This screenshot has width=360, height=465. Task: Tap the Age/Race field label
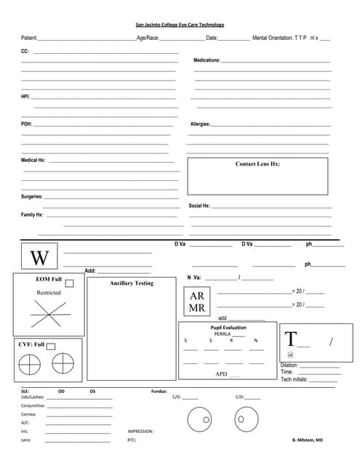pos(148,37)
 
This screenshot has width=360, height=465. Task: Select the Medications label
pos(207,60)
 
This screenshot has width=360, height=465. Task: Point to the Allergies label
pos(200,124)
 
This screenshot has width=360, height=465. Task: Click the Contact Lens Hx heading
pos(257,164)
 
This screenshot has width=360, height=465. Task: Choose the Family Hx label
pos(32,215)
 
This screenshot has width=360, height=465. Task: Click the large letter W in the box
pos(40,257)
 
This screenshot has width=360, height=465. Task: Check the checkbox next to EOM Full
pos(69,283)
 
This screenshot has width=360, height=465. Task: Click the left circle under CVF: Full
pos(30,362)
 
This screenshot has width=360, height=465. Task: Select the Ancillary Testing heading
pos(131,283)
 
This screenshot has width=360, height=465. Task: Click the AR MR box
pos(197,302)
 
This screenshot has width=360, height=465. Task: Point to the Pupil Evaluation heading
pos(228,328)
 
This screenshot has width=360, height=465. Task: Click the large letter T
pos(291,339)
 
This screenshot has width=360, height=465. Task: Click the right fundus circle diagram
pos(242,419)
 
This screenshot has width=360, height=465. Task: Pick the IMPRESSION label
pos(140,432)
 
